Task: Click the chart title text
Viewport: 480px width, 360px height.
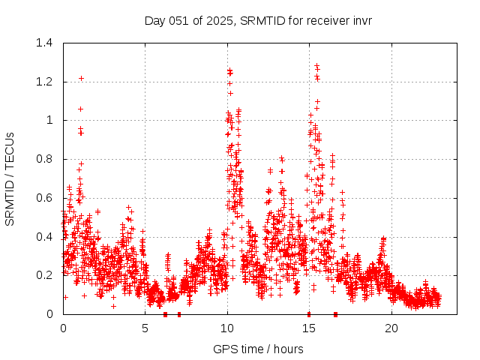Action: tap(258, 20)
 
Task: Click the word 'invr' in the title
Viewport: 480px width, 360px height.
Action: tap(361, 20)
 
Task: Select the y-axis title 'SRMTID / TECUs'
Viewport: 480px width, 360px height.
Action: tap(10, 178)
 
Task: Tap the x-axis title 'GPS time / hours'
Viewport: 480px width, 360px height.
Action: tap(258, 349)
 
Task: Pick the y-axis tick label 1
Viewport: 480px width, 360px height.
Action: tap(49, 120)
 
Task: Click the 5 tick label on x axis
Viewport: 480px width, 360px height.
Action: tap(145, 328)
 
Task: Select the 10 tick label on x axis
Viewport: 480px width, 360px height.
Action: tap(227, 328)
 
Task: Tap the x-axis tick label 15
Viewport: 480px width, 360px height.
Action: tap(309, 328)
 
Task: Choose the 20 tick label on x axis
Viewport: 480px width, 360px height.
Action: tap(391, 328)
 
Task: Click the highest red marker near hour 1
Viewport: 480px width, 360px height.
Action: tap(81, 78)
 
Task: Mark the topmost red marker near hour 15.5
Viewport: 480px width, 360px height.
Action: tap(316, 66)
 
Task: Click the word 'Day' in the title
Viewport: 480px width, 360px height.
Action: tap(154, 20)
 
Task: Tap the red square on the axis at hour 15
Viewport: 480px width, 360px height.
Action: tap(309, 313)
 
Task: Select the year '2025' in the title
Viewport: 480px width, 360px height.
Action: tap(218, 20)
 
